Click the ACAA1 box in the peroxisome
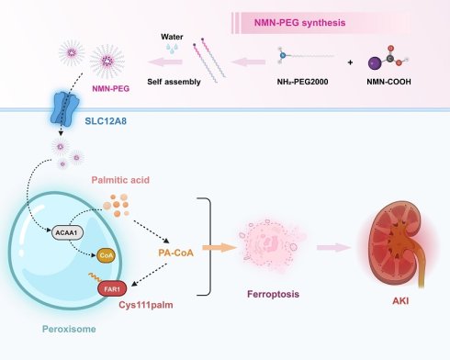tap(67, 233)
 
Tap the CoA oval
tap(106, 255)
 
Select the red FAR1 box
tap(112, 288)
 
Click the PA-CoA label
tap(175, 253)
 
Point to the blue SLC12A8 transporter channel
tap(64, 107)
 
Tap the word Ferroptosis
tap(273, 294)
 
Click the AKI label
tap(400, 301)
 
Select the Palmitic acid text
tap(120, 180)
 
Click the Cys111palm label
tap(146, 305)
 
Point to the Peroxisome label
tap(69, 329)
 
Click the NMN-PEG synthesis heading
tap(299, 23)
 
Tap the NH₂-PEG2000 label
tap(302, 82)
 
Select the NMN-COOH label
tap(388, 82)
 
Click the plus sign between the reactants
tap(350, 62)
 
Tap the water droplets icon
tap(172, 49)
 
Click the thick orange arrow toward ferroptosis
tap(219, 248)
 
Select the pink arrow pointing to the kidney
tap(333, 247)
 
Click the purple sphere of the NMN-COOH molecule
tap(375, 63)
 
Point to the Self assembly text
tap(174, 82)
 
